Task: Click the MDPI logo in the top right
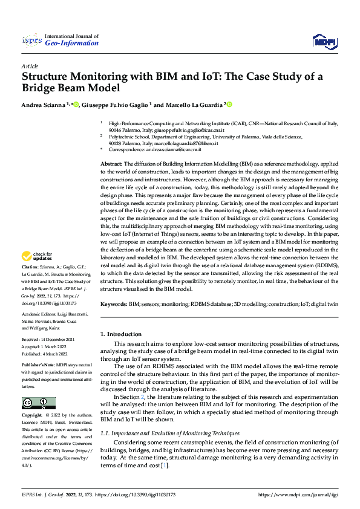coord(324,41)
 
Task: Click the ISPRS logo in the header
coord(31,41)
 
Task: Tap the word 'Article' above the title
coord(30,65)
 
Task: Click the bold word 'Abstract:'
coord(111,164)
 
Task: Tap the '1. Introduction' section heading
coord(121,334)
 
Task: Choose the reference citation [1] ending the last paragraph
coord(165,465)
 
